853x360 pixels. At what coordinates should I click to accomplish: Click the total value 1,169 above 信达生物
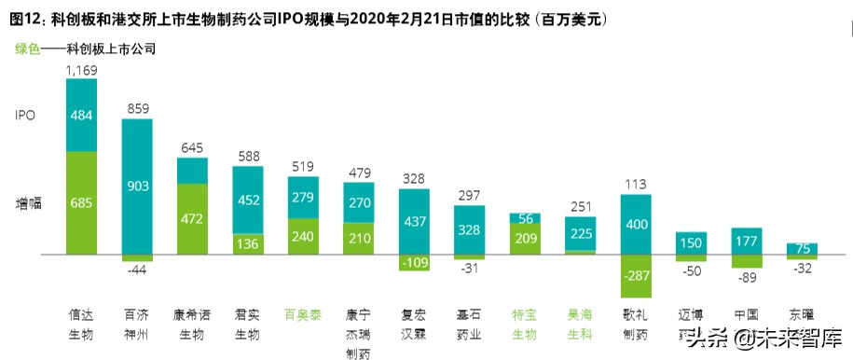(x=81, y=69)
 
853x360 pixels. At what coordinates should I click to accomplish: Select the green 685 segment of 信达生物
(x=81, y=201)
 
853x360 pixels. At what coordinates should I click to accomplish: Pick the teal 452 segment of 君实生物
(x=247, y=199)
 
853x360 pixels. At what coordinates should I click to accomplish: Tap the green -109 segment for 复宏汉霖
(x=413, y=262)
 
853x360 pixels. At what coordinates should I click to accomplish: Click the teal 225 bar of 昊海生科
(x=580, y=233)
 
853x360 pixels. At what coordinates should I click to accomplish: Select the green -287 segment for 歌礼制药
(x=635, y=277)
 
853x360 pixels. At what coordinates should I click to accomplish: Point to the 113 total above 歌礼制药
(x=635, y=183)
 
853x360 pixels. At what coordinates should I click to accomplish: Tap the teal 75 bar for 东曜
(x=802, y=248)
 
